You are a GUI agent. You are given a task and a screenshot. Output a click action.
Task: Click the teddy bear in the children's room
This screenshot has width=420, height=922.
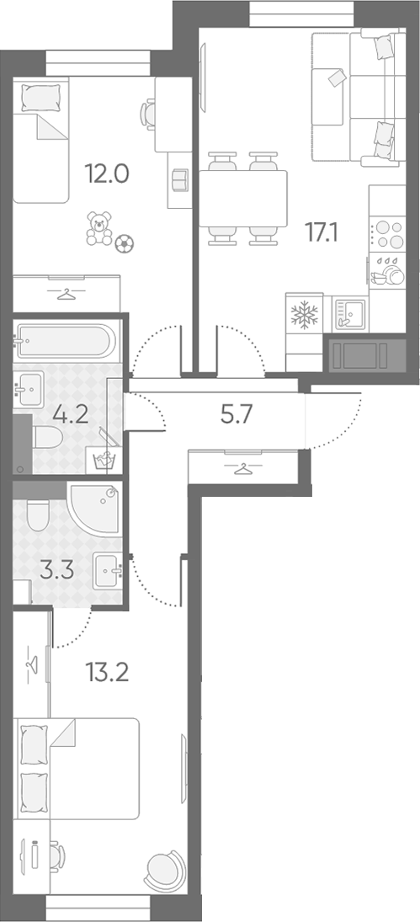click(98, 228)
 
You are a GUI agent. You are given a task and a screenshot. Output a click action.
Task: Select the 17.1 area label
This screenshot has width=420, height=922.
click(322, 232)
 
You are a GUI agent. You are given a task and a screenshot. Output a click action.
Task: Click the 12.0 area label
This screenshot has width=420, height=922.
click(107, 173)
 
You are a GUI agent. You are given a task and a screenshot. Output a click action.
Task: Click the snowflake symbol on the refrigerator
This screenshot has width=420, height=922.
click(305, 316)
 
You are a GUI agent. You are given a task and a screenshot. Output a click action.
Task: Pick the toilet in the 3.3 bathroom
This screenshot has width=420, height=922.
click(40, 515)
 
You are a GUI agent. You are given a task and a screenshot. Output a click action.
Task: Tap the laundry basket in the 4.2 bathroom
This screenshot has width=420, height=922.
click(106, 460)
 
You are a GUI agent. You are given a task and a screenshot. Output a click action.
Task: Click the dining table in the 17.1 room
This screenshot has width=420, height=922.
click(243, 198)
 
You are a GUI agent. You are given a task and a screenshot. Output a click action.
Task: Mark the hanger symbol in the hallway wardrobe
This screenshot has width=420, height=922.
click(242, 469)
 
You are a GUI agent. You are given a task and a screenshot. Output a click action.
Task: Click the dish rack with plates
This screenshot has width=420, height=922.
click(387, 271)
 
